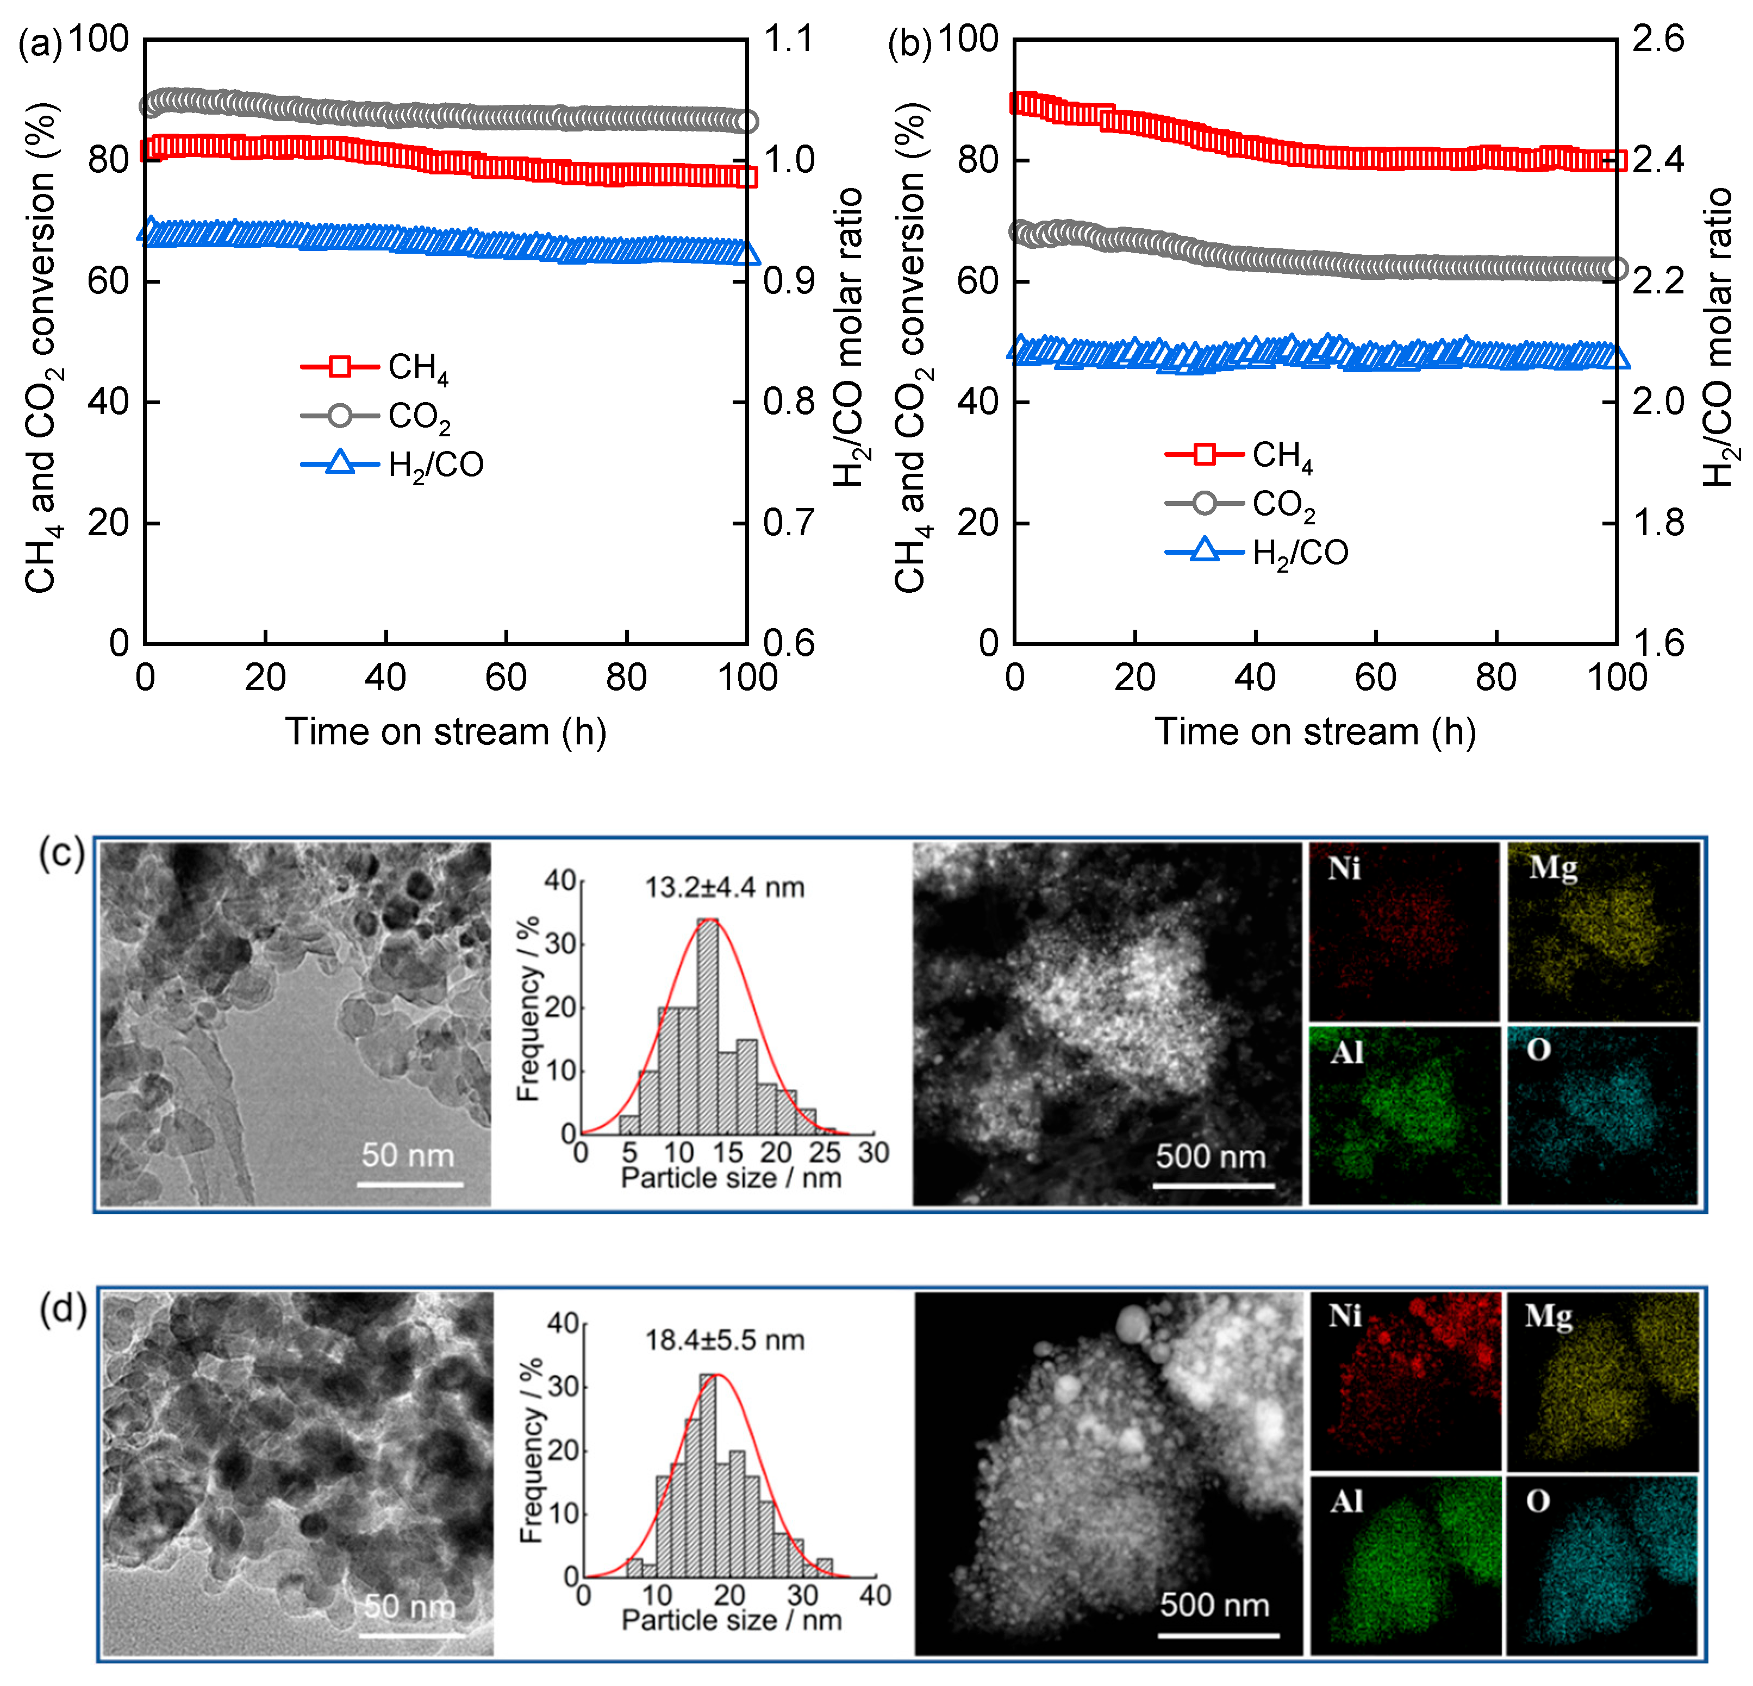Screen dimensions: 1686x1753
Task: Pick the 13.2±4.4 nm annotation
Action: click(x=725, y=888)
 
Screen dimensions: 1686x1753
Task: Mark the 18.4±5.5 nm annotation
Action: click(x=725, y=1340)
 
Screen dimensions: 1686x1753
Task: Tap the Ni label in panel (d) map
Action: click(x=1344, y=1316)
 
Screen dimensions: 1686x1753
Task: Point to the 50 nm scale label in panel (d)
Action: click(x=410, y=1607)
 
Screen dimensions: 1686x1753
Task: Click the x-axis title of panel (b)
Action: click(x=1315, y=731)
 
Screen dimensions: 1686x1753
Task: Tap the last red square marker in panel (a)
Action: click(x=747, y=177)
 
